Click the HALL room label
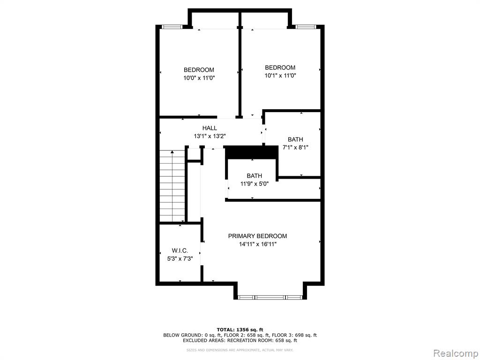pyautogui.click(x=210, y=128)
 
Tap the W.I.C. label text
pyautogui.click(x=180, y=251)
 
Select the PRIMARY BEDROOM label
pyautogui.click(x=257, y=236)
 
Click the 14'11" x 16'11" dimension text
pyautogui.click(x=258, y=244)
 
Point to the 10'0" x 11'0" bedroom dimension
pyautogui.click(x=199, y=78)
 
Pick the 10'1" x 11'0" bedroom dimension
pyautogui.click(x=280, y=75)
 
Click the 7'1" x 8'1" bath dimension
pyautogui.click(x=295, y=147)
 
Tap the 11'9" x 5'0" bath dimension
pyautogui.click(x=255, y=184)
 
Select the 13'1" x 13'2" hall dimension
pyautogui.click(x=210, y=136)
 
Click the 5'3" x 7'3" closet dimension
pyautogui.click(x=180, y=259)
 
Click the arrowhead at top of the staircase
pyautogui.click(x=172, y=152)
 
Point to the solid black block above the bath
pyautogui.click(x=252, y=152)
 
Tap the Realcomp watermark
pyautogui.click(x=455, y=353)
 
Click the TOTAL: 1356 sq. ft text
pyautogui.click(x=240, y=330)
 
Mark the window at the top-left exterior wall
pyautogui.click(x=172, y=27)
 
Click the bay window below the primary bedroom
pyautogui.click(x=270, y=297)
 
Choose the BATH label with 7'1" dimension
pyautogui.click(x=295, y=139)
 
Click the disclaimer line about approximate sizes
pyautogui.click(x=240, y=350)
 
